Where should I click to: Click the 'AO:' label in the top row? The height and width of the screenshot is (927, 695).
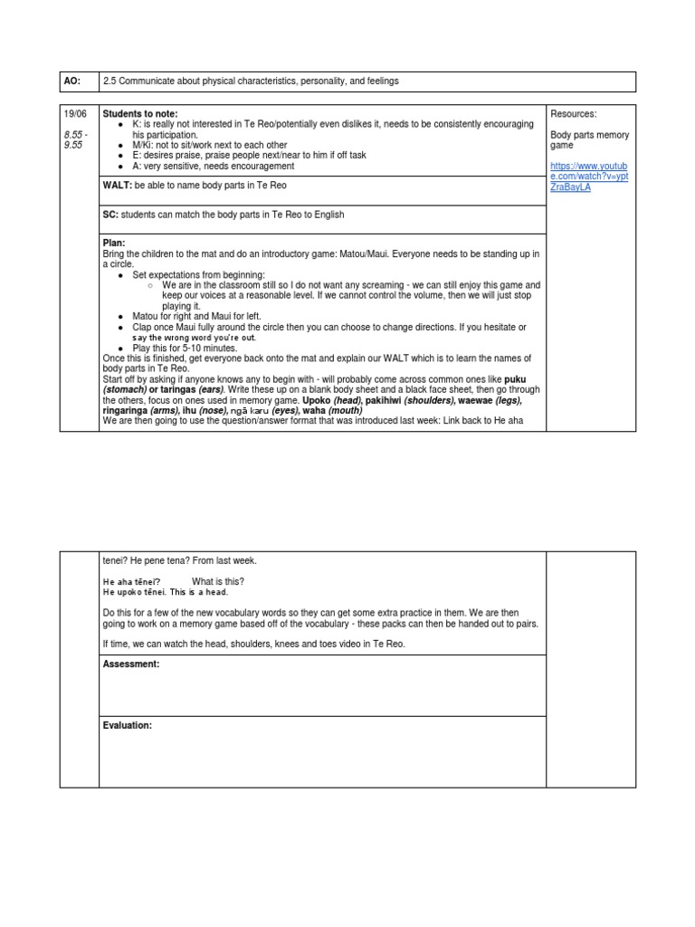(71, 81)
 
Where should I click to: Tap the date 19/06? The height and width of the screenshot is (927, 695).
(73, 113)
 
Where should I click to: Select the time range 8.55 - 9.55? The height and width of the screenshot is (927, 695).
(73, 139)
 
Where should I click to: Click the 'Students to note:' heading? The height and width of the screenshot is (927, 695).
(140, 113)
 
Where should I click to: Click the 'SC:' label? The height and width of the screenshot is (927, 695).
(112, 215)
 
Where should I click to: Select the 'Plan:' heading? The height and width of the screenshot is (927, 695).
(114, 243)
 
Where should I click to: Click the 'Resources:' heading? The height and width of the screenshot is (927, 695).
(574, 113)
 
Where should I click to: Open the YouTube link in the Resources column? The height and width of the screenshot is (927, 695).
(589, 177)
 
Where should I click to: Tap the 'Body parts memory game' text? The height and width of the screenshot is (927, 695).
(589, 140)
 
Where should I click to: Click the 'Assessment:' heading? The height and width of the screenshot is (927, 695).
(131, 664)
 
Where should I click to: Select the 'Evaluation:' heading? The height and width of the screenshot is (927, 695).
(128, 725)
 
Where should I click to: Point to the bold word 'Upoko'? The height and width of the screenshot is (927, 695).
(317, 400)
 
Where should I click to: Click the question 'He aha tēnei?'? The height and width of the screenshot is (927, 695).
(132, 581)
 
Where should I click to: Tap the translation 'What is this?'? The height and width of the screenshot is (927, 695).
(218, 581)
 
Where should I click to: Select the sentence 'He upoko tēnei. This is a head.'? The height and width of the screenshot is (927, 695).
(166, 592)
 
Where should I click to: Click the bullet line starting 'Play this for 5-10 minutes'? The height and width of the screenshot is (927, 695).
(185, 348)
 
